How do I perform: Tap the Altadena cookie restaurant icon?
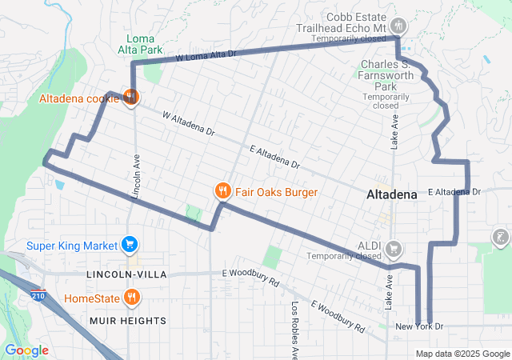(131, 98)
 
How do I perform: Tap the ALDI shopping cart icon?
(393, 248)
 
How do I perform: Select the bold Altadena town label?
(391, 194)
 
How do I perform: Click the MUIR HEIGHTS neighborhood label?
(127, 321)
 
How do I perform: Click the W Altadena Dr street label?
(189, 122)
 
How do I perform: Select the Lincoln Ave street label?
(136, 176)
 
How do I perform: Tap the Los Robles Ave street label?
(294, 329)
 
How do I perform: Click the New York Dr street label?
(419, 326)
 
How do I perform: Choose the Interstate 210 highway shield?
(38, 296)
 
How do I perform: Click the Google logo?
(26, 350)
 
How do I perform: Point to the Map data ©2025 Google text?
(462, 354)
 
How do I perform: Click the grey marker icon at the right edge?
(500, 238)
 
